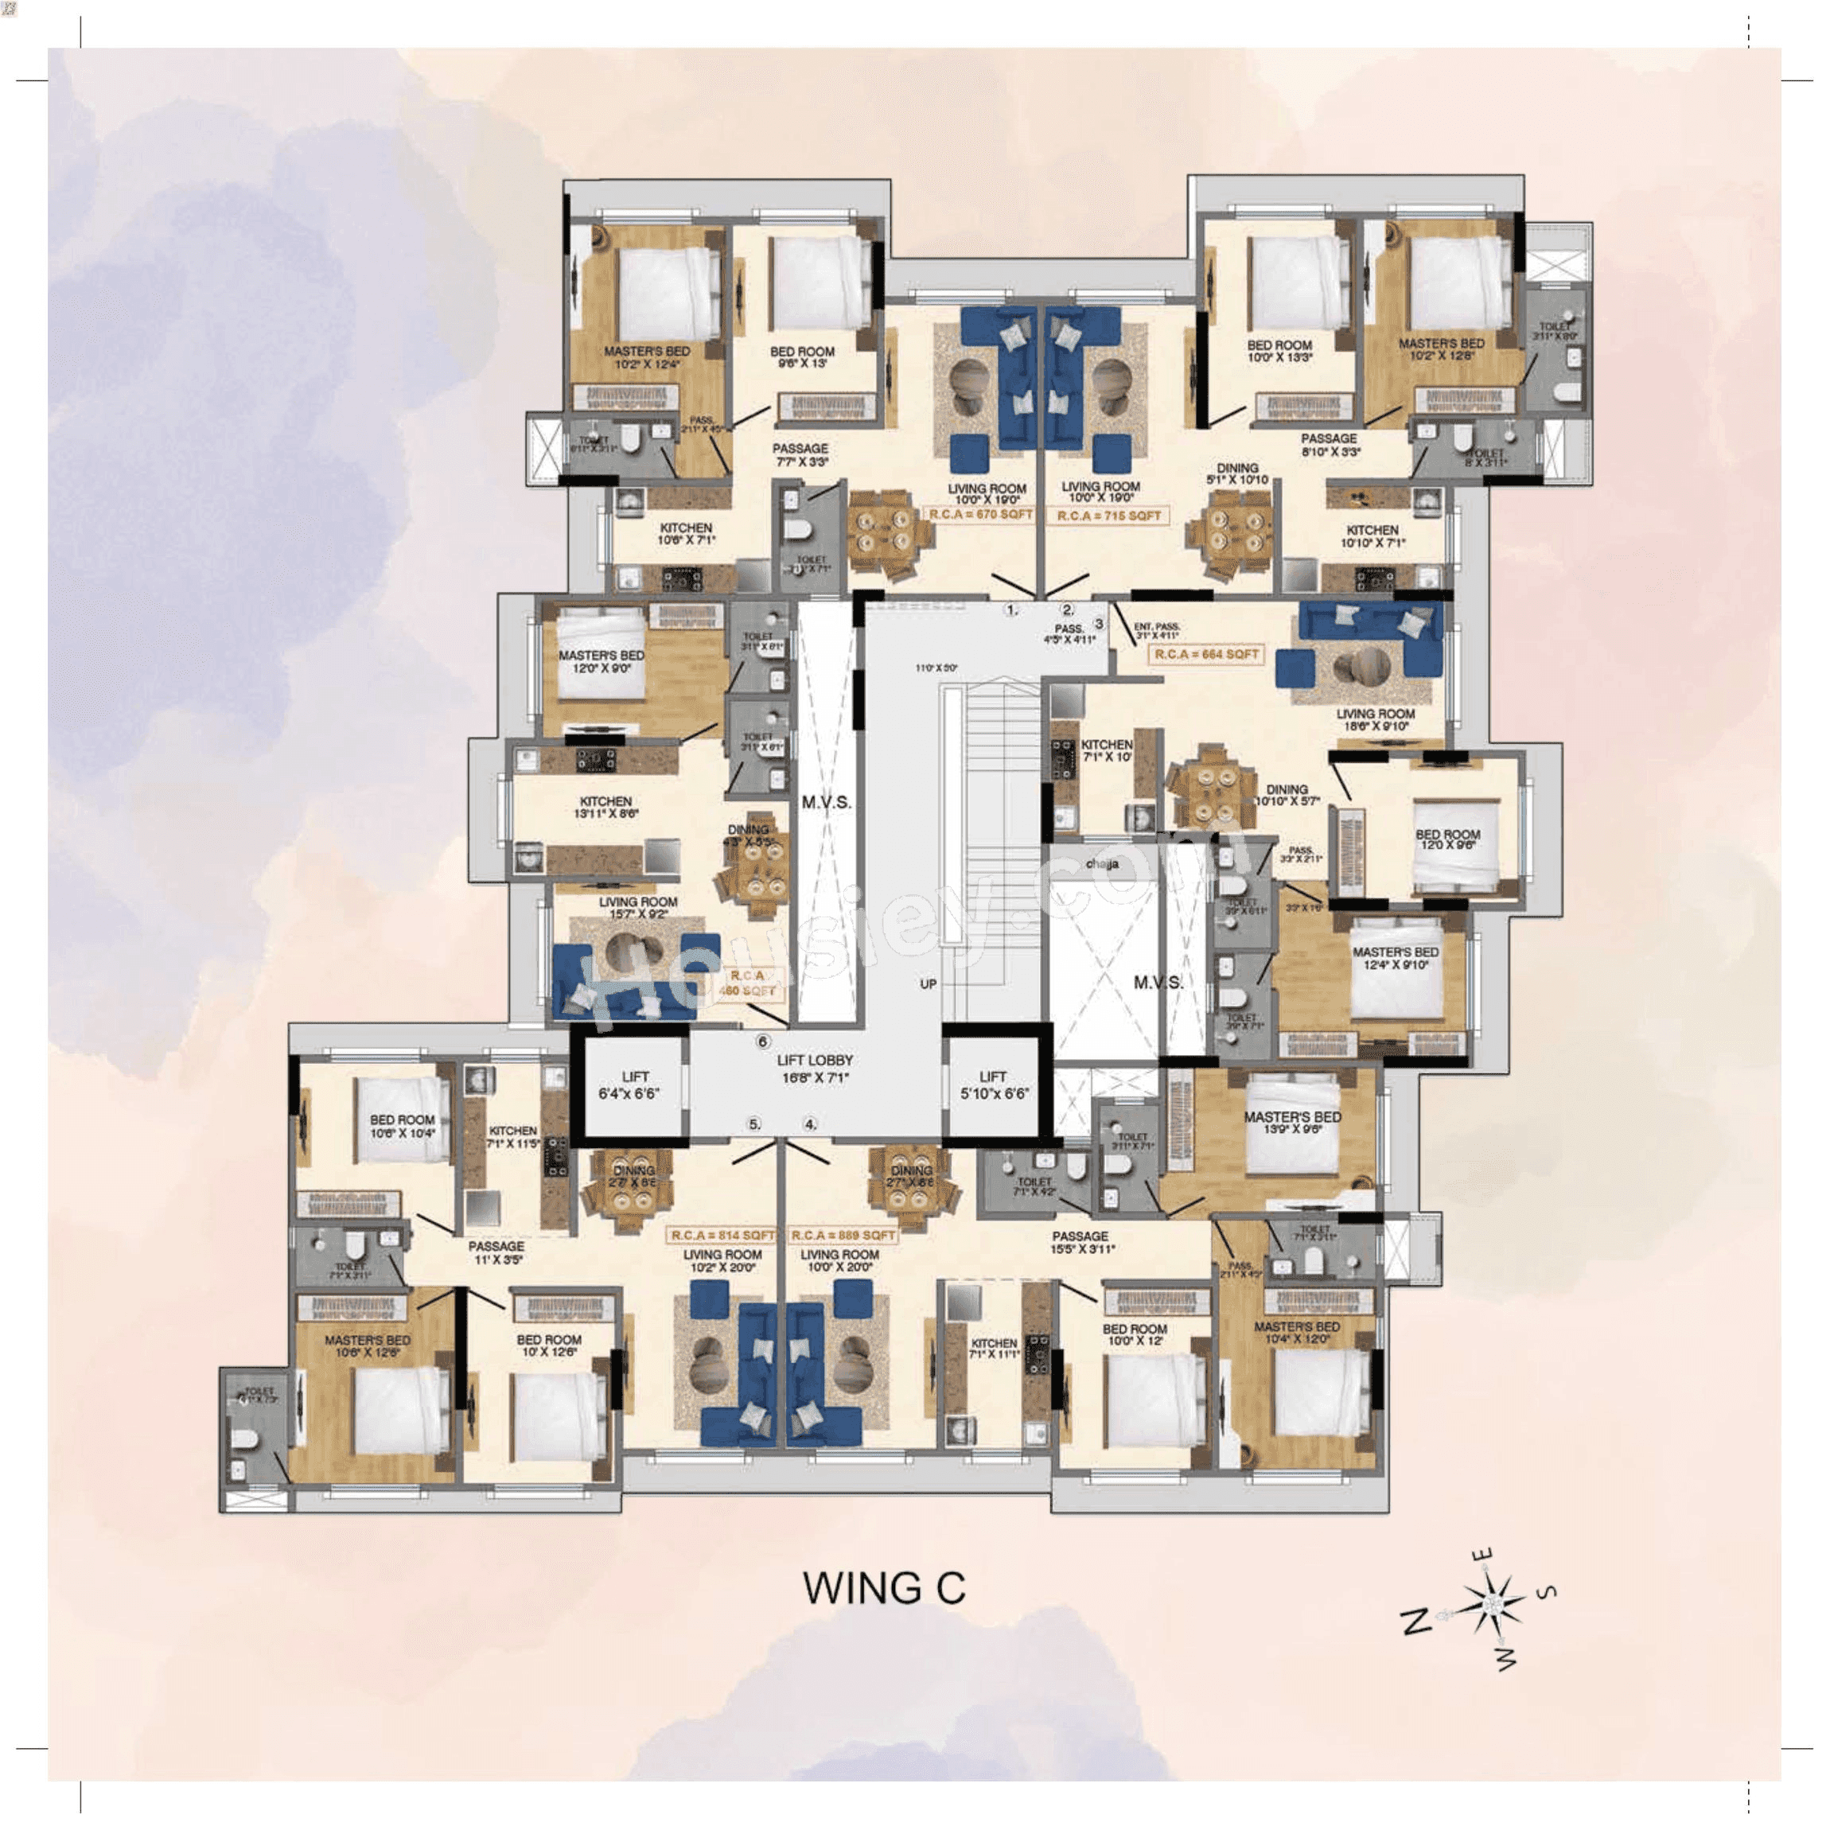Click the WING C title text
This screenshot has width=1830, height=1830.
click(x=884, y=1588)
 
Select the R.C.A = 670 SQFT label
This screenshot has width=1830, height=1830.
click(x=980, y=514)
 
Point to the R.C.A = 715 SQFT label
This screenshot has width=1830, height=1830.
click(x=1108, y=516)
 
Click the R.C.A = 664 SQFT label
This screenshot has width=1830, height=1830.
click(x=1205, y=653)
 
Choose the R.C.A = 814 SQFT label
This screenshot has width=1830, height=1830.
click(x=722, y=1235)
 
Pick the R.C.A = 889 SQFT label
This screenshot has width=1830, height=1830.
click(x=842, y=1235)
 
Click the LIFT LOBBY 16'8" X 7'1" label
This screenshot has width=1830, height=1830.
click(x=815, y=1069)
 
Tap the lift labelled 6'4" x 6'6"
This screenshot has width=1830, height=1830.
click(x=635, y=1084)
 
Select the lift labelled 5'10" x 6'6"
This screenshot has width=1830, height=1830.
click(x=993, y=1084)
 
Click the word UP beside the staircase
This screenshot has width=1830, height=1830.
click(x=929, y=984)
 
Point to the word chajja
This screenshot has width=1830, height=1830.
click(x=1103, y=864)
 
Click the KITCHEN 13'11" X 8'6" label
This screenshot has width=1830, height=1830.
click(x=605, y=806)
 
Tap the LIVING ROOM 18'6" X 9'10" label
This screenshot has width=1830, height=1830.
click(x=1376, y=720)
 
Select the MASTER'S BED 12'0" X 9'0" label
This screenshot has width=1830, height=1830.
click(x=601, y=661)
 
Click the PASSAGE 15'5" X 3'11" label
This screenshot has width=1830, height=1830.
click(x=1080, y=1242)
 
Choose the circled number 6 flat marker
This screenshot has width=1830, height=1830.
click(x=764, y=1042)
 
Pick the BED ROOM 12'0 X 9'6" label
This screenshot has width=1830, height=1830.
click(x=1447, y=839)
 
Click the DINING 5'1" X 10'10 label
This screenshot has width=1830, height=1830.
click(x=1237, y=473)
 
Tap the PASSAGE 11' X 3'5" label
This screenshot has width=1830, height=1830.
click(x=496, y=1252)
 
